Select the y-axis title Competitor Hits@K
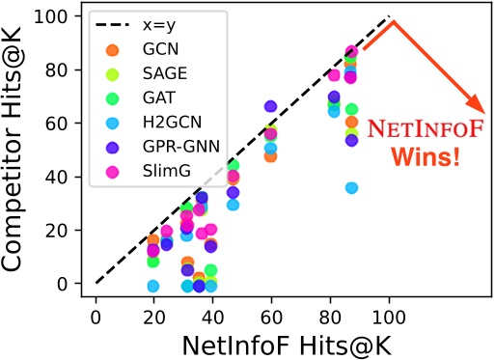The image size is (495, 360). (x=21, y=154)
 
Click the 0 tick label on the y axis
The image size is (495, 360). (x=72, y=284)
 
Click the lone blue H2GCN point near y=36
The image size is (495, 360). (x=351, y=187)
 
